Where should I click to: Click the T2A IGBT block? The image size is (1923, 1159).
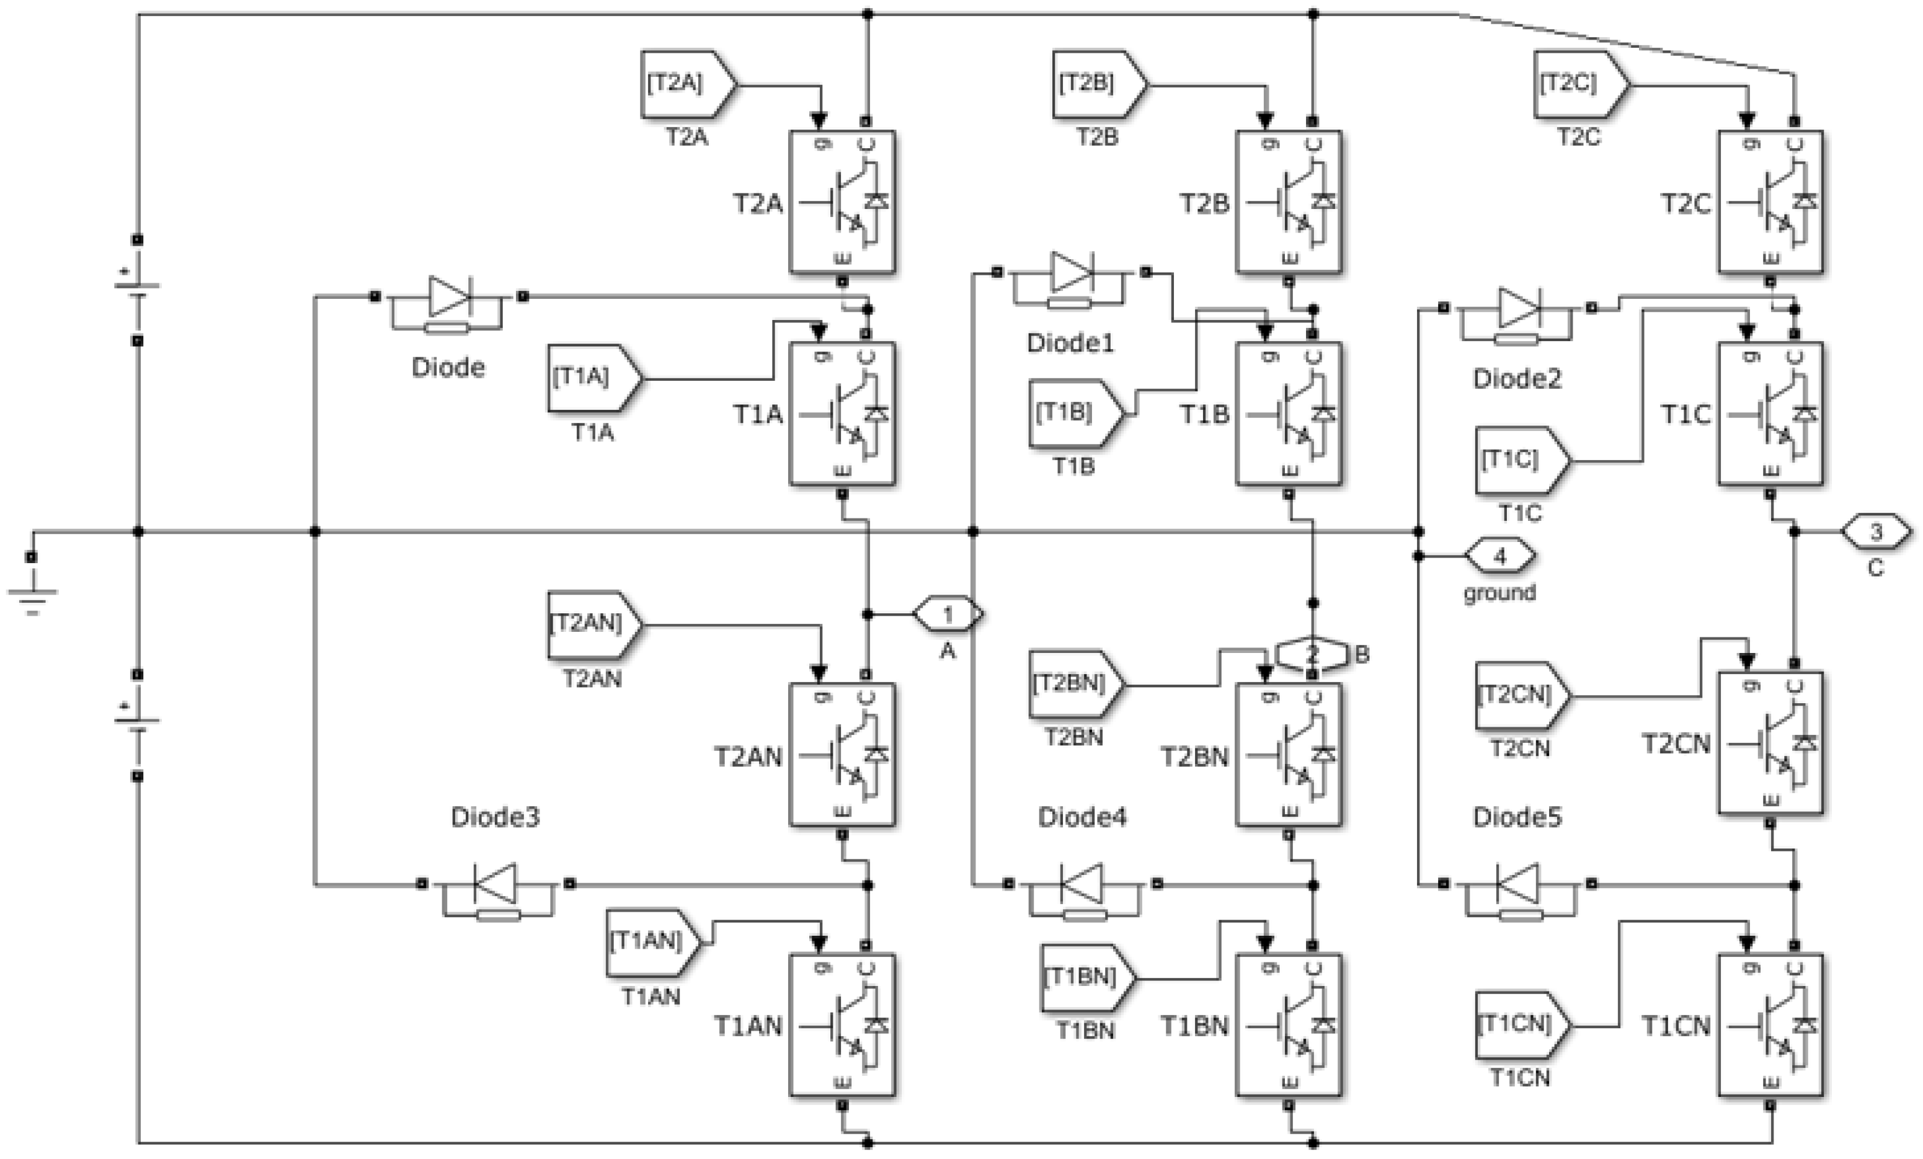pos(842,202)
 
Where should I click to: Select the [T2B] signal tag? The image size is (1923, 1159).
pos(1099,84)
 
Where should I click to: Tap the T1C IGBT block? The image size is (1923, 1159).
pos(1770,414)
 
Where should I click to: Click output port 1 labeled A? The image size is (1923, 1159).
pos(948,615)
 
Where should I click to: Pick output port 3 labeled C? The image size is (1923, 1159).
pos(1876,532)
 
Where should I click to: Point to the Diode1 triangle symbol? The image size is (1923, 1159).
pos(1072,273)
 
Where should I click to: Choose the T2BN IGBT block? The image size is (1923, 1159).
pos(1289,755)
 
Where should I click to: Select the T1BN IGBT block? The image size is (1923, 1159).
pos(1289,1025)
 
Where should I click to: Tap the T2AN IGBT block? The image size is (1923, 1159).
pos(842,755)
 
